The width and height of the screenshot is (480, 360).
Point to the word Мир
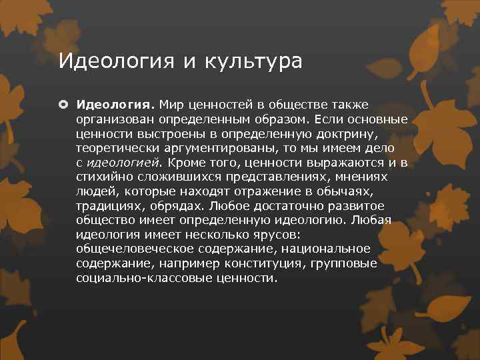pyautogui.click(x=173, y=105)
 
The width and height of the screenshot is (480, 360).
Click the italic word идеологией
pyautogui.click(x=124, y=162)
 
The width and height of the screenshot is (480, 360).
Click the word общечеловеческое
pyautogui.click(x=134, y=249)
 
